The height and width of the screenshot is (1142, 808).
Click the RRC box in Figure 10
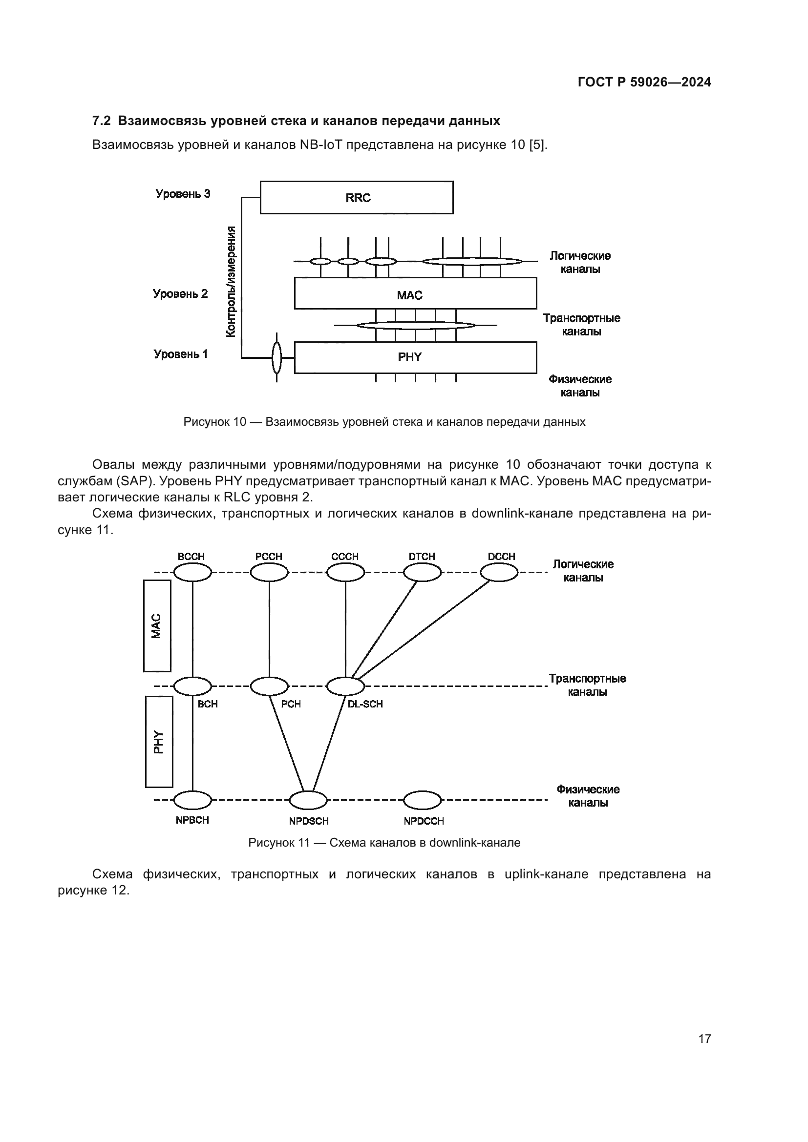[356, 197]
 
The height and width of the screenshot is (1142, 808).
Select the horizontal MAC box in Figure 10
[415, 293]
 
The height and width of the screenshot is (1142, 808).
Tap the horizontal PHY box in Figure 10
[415, 357]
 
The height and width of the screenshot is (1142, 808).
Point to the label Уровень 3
[183, 194]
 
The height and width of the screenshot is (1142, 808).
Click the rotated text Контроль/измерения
[231, 282]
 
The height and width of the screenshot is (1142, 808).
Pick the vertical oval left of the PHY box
[276, 357]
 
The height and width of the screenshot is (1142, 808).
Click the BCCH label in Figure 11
[191, 557]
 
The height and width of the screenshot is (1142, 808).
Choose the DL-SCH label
[365, 705]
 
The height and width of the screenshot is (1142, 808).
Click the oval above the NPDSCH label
[308, 800]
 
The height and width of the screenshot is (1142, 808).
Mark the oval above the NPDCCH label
[422, 800]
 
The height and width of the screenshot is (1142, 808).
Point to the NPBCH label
[192, 820]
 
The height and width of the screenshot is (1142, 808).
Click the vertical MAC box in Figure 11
[157, 626]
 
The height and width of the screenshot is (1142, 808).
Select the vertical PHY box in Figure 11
[159, 742]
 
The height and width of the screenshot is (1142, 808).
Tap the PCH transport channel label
[291, 705]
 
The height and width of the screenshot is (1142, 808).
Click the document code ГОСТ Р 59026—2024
[644, 82]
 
